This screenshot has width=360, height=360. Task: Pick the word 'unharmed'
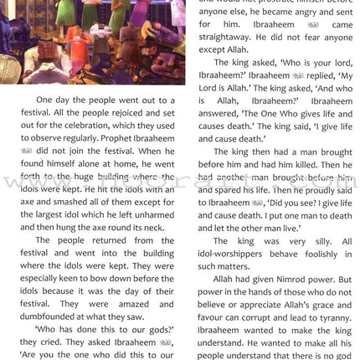pos(152,217)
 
